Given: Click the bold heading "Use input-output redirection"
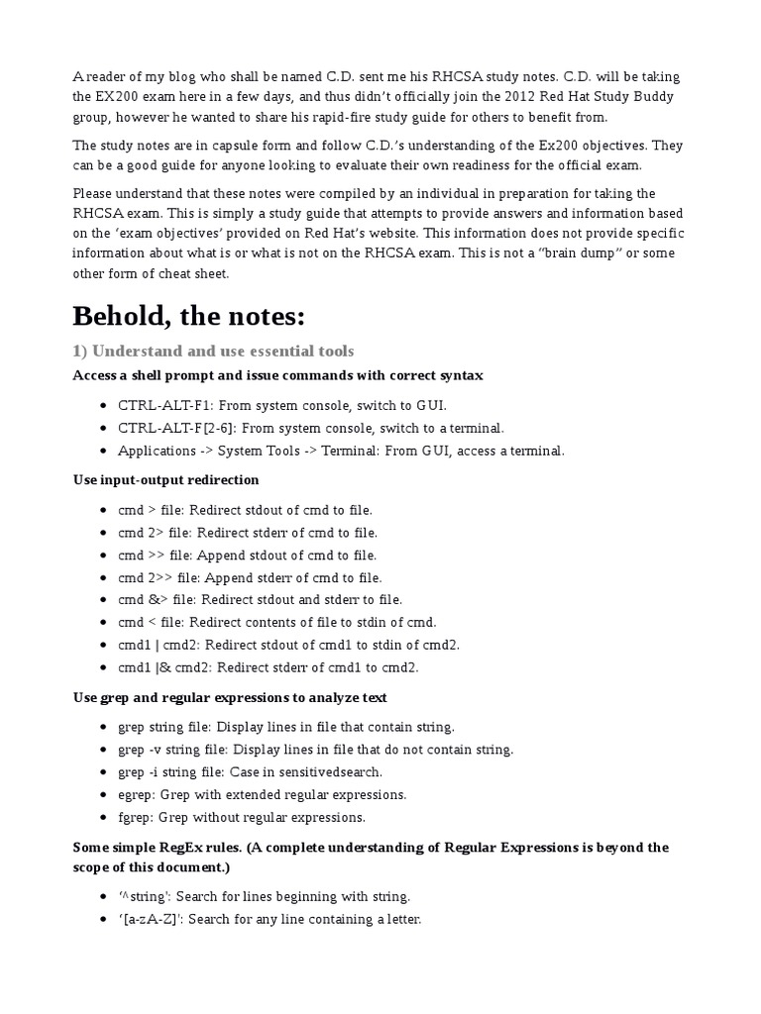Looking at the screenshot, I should tap(165, 479).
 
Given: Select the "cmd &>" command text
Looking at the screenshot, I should tap(144, 599).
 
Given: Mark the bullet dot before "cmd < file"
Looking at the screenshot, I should tap(105, 623).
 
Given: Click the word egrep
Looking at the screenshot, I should tap(135, 794).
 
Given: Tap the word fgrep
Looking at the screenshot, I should tap(134, 817).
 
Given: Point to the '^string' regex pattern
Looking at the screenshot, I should tap(141, 896).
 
